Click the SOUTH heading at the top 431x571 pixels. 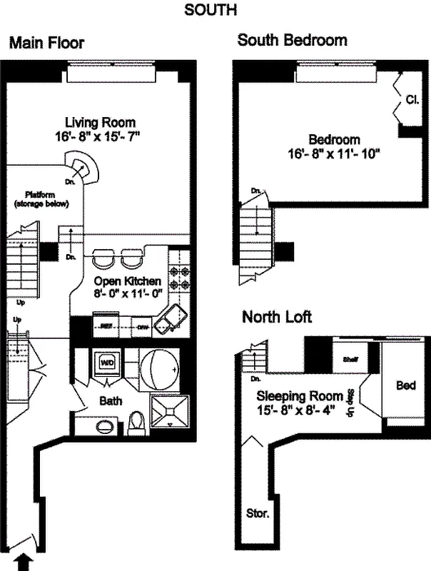tap(211, 10)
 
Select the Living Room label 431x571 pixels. tap(100, 122)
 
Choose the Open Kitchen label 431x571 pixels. tap(128, 281)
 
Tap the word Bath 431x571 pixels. tap(111, 401)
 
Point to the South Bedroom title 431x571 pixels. tap(292, 40)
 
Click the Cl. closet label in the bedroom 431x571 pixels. tap(412, 100)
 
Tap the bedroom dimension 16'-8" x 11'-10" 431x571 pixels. tap(334, 153)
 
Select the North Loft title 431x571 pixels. tap(276, 316)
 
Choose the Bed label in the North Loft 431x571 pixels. tap(406, 385)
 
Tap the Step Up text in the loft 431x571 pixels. tap(351, 400)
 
